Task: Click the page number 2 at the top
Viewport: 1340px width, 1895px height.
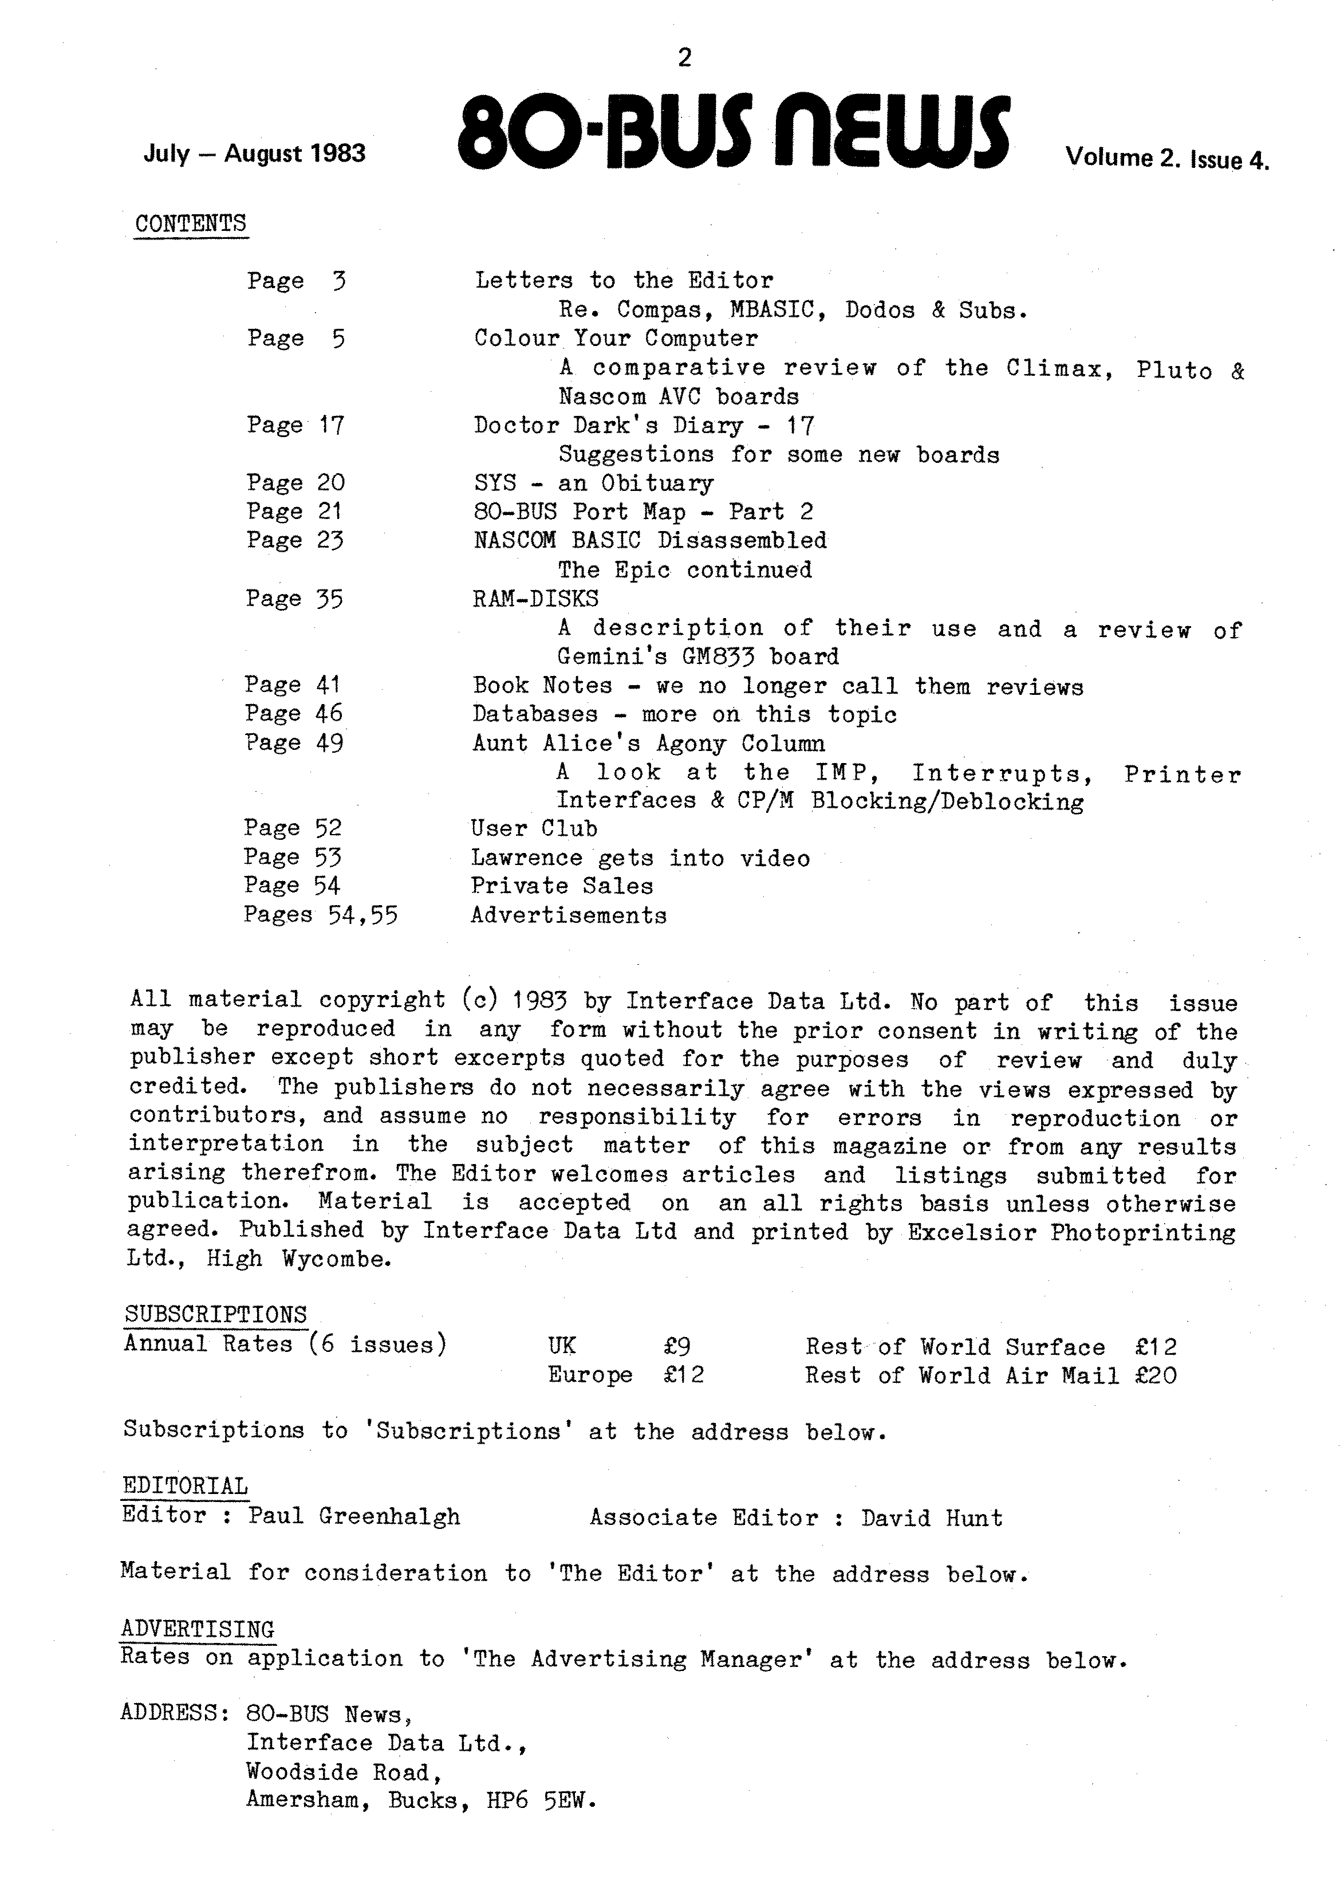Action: (684, 58)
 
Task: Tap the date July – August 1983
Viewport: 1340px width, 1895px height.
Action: (254, 154)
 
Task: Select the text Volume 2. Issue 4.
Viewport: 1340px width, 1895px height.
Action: (1166, 158)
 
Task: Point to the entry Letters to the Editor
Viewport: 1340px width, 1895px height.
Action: (624, 281)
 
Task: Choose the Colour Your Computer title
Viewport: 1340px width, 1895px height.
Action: (616, 339)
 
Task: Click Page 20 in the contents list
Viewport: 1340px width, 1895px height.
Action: (294, 483)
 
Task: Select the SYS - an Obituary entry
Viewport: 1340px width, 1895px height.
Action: (593, 483)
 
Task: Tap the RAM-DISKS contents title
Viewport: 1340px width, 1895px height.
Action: (535, 599)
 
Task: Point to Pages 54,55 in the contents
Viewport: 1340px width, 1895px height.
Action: (320, 915)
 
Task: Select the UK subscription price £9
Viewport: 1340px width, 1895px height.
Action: (677, 1346)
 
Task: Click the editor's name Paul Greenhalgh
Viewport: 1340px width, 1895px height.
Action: (354, 1516)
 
